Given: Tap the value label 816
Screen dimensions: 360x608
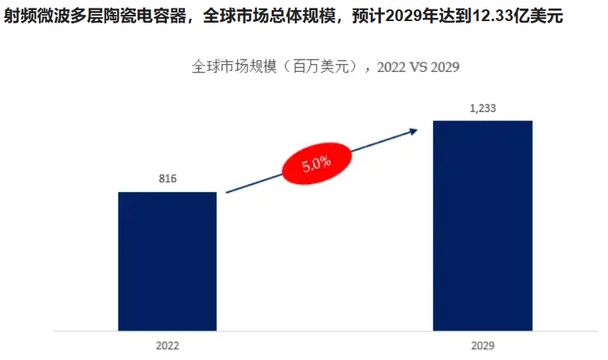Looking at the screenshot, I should (167, 179).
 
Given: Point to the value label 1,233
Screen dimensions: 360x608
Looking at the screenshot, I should (482, 109).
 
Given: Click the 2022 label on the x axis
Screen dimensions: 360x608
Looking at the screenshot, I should (167, 344).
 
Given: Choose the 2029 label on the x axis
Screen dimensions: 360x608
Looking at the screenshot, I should (482, 344).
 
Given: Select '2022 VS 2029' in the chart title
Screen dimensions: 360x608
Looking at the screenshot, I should (418, 66).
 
